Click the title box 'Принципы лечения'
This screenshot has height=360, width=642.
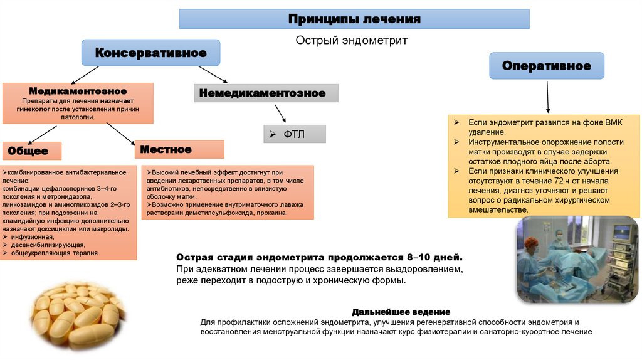(354, 19)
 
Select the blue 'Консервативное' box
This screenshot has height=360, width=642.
(150, 53)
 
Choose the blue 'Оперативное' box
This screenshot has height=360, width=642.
(547, 66)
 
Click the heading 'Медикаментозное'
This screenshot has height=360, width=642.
(78, 91)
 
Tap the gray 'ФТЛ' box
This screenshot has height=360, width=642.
(295, 134)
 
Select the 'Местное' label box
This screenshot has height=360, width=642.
(179, 149)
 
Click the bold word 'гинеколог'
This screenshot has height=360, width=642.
(34, 109)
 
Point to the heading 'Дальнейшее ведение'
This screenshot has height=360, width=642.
(401, 312)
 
